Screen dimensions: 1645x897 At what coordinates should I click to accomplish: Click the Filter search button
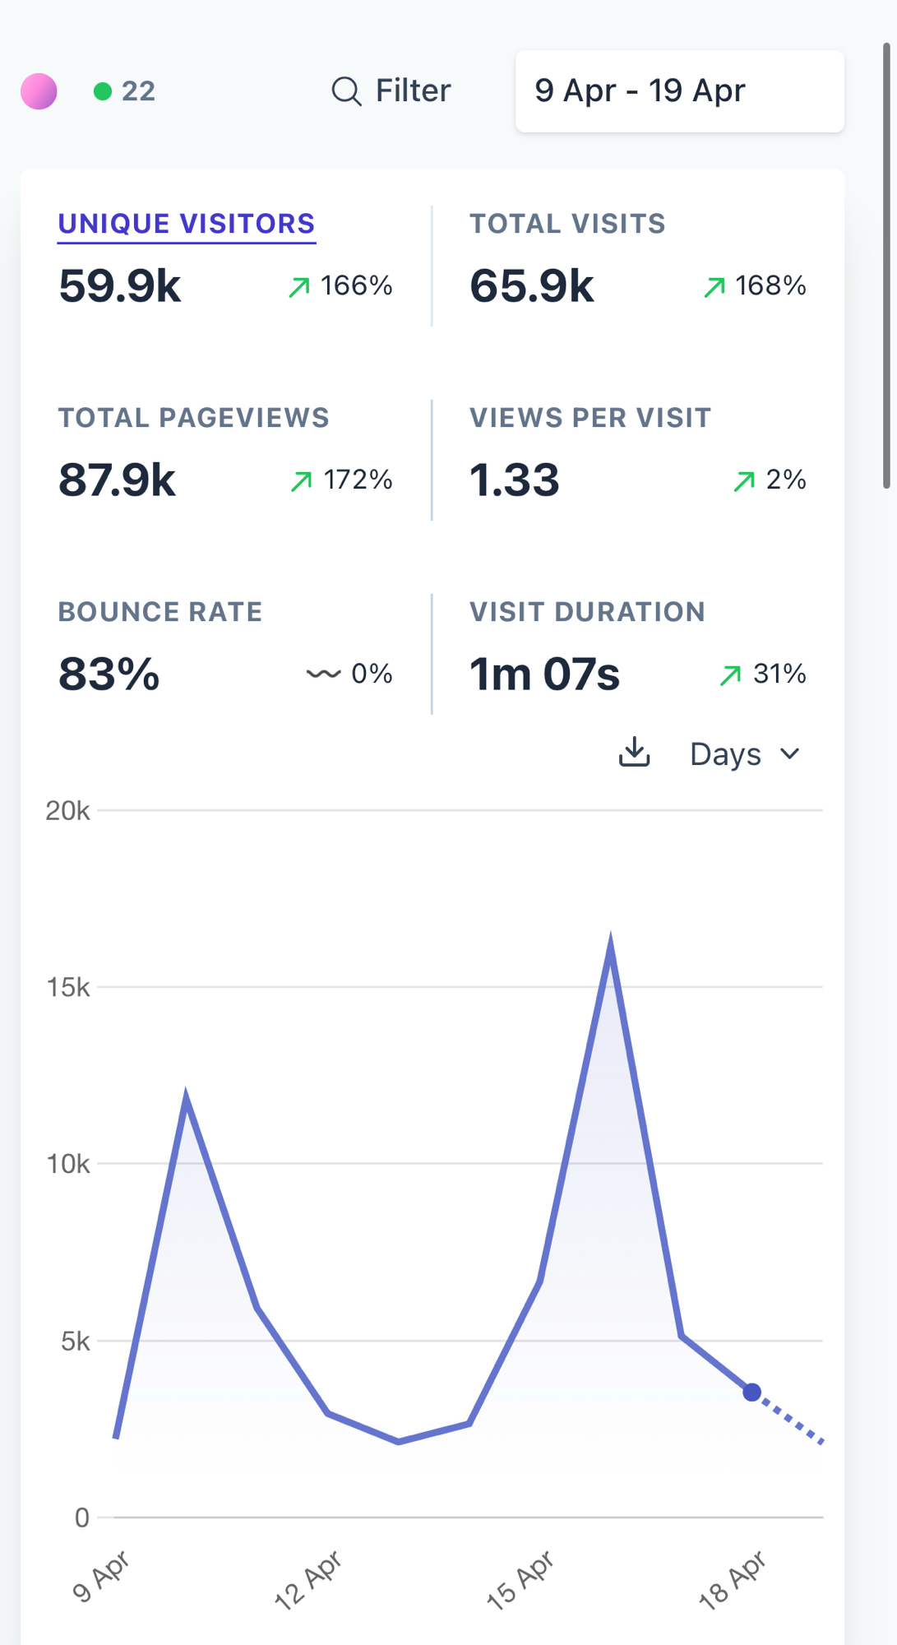pos(391,90)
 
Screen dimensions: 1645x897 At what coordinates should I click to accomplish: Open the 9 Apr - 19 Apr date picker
pos(679,90)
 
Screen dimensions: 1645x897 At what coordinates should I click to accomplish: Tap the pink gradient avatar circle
pos(39,90)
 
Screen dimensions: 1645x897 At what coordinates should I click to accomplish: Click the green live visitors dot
pos(103,90)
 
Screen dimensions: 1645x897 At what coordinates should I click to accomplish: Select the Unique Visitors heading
pos(187,224)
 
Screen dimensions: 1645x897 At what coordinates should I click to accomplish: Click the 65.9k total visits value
pos(531,286)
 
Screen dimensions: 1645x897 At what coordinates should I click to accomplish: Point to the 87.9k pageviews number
pos(118,480)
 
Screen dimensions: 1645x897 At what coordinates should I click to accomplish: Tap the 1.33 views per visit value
pos(515,480)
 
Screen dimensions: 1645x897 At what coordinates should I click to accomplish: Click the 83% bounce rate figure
pos(109,674)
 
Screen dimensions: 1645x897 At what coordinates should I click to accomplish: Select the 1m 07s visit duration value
pos(544,674)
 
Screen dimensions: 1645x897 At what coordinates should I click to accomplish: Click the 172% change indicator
pos(342,480)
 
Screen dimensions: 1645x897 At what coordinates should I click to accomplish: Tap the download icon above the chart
pos(634,752)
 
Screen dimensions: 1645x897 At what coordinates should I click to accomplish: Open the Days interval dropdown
pos(744,754)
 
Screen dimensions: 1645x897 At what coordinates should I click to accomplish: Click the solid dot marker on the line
pos(751,1392)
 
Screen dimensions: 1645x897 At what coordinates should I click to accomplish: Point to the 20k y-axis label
pos(67,811)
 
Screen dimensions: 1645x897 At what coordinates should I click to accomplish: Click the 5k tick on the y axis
pos(75,1341)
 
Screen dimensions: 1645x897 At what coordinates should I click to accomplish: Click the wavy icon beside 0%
pos(323,674)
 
